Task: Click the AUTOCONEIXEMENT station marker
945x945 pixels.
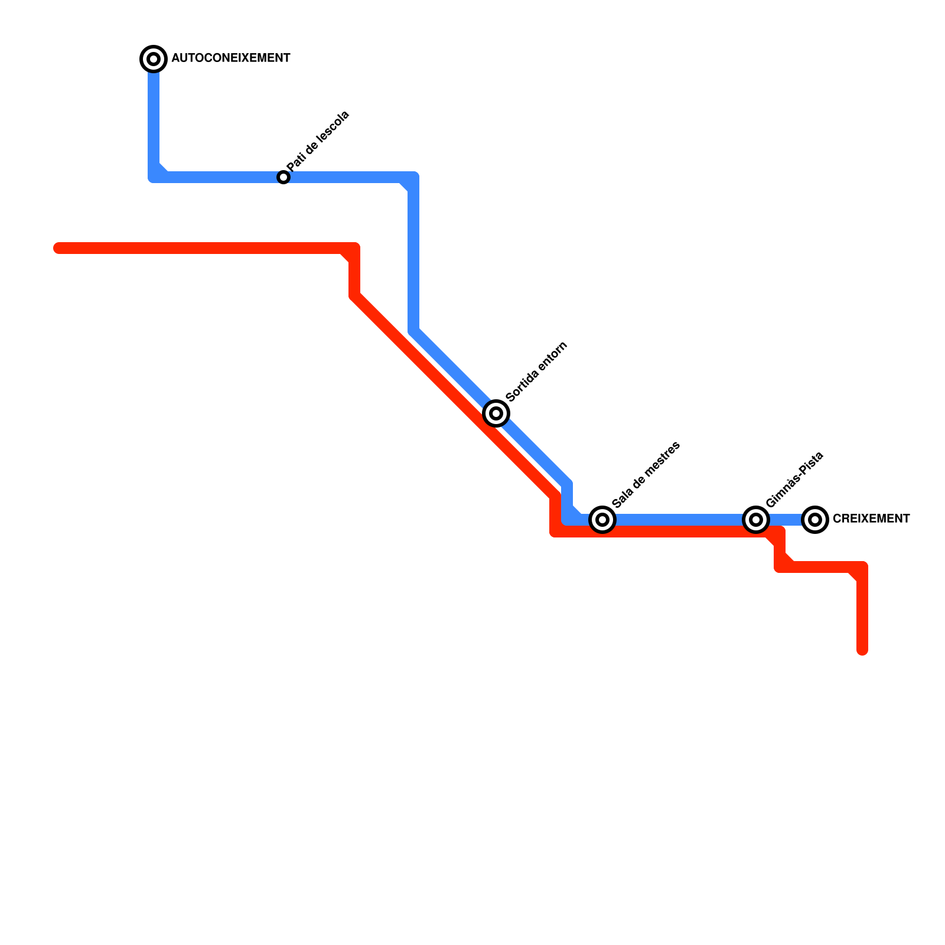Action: click(154, 59)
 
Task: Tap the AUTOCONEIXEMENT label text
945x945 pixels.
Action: click(230, 58)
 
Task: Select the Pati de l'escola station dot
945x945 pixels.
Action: click(283, 177)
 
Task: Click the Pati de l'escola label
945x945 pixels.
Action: click(318, 142)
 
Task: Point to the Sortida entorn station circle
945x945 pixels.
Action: click(496, 413)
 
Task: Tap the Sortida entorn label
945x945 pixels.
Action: click(536, 372)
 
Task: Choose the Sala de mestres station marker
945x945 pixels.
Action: click(602, 520)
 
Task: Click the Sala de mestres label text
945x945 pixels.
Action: click(646, 474)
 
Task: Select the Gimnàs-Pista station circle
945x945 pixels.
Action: click(756, 520)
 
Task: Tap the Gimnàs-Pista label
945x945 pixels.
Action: click(794, 480)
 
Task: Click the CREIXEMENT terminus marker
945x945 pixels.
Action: click(815, 520)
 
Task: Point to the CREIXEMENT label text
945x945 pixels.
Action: click(871, 519)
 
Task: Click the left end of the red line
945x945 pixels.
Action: click(58, 248)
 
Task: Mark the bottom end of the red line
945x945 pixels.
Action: click(862, 651)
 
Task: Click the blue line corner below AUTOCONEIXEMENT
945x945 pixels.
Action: click(154, 177)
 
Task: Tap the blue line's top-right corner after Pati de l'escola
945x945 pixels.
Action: click(413, 177)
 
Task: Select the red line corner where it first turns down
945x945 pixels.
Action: click(354, 248)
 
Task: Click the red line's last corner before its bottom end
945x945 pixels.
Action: click(862, 568)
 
